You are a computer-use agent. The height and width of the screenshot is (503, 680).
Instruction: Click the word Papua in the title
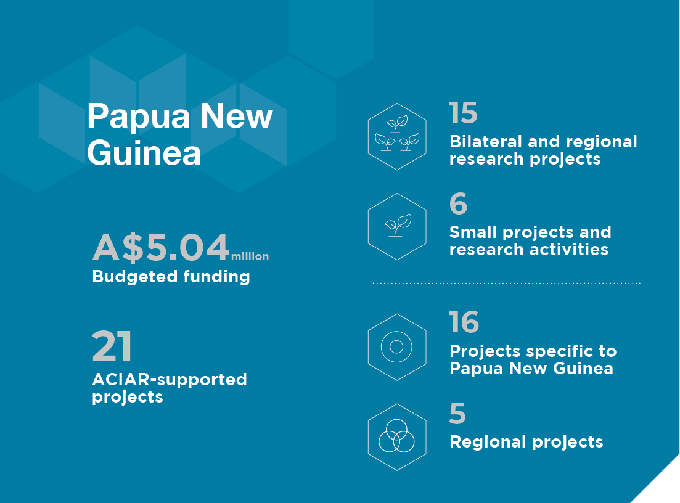[139, 118]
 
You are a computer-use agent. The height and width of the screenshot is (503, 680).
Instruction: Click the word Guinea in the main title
[144, 153]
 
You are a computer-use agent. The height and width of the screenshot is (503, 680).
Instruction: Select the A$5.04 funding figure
[160, 247]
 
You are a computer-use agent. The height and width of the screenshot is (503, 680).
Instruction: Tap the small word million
[250, 256]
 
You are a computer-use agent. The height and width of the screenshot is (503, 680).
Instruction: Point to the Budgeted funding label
[171, 277]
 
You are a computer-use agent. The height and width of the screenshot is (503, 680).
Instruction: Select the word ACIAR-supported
[170, 380]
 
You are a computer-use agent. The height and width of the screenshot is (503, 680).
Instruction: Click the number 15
[463, 113]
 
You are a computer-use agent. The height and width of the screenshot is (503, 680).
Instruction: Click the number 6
[459, 203]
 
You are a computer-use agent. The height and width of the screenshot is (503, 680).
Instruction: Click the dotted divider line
[507, 283]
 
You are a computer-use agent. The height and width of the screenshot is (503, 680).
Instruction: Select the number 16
[464, 322]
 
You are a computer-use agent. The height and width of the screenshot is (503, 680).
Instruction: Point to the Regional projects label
[526, 443]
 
